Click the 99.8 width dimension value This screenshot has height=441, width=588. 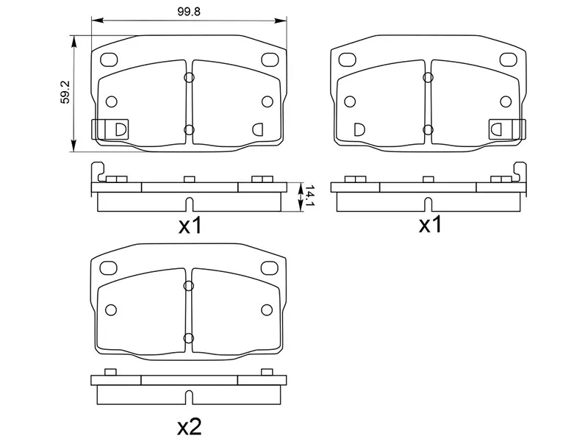(187, 11)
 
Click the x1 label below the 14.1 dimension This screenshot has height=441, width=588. (190, 225)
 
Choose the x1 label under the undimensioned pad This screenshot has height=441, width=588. (430, 225)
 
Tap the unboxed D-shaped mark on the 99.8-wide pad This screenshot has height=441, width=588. (259, 129)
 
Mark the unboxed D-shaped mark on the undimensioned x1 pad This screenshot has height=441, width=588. (358, 129)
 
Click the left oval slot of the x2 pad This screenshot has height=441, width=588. (108, 268)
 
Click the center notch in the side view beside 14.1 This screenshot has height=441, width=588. (189, 204)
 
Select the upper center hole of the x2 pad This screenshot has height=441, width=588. (188, 286)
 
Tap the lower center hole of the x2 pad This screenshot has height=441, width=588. (188, 338)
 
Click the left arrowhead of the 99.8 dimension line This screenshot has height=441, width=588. (93, 21)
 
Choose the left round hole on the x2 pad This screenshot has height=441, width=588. (111, 309)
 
